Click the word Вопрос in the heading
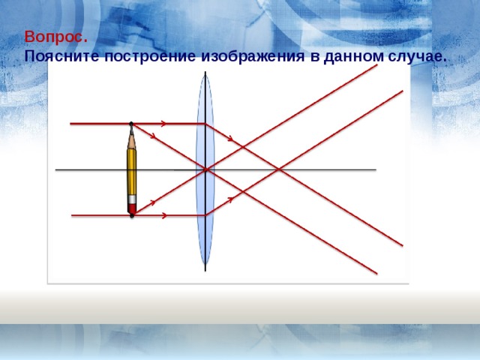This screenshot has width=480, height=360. tap(55, 37)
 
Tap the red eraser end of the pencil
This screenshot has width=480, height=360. tap(132, 208)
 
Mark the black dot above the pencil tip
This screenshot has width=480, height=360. tap(131, 123)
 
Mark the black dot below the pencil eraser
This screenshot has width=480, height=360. tap(132, 216)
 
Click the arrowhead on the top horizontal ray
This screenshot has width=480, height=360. tap(164, 123)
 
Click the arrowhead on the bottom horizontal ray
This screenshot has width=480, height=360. tap(164, 216)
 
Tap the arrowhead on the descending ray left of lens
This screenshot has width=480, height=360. tap(153, 136)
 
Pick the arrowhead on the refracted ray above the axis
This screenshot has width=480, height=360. tap(232, 139)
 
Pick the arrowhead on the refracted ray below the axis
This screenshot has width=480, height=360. tap(231, 199)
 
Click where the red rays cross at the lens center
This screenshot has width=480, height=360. tap(205, 169)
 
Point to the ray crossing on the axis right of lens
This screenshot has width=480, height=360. tap(278, 169)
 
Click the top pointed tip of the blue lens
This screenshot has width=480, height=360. tap(205, 74)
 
